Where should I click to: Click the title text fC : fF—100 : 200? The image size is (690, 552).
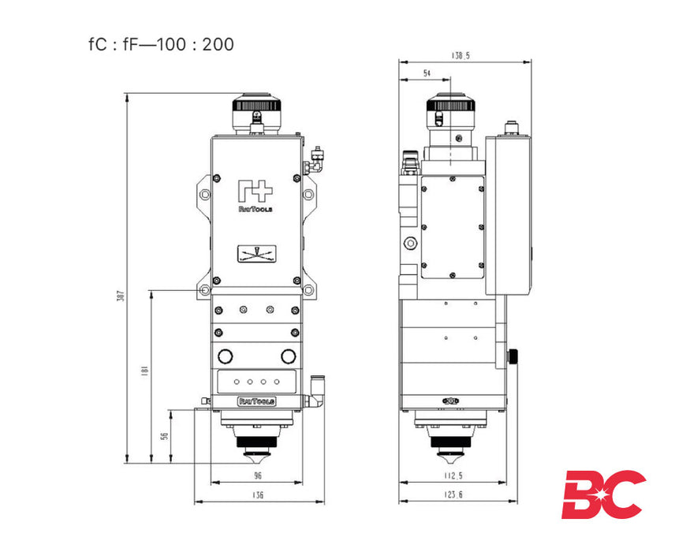click(x=162, y=44)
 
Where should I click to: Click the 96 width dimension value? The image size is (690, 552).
click(x=257, y=476)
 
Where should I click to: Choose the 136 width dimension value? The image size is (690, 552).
click(x=257, y=495)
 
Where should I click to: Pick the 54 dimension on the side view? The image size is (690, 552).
click(x=427, y=73)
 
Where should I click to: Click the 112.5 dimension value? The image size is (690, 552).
click(x=453, y=476)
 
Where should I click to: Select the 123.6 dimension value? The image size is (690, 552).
click(x=453, y=495)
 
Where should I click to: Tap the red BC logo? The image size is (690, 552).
click(x=603, y=494)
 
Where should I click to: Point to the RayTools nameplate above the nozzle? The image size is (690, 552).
click(x=256, y=401)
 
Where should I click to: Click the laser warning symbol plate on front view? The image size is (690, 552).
click(x=256, y=254)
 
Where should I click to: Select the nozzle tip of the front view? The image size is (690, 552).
click(x=257, y=457)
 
